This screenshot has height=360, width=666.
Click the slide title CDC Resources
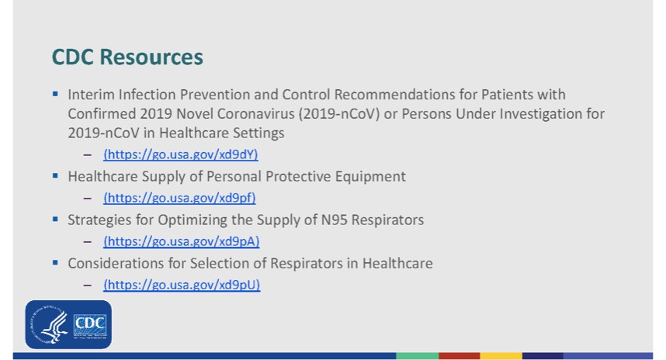127,57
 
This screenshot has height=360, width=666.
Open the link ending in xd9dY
181,154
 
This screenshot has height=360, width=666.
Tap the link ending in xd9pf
179,198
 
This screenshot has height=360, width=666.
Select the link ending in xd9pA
182,241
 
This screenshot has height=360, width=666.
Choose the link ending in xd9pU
182,285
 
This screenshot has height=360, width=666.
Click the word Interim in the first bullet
91,94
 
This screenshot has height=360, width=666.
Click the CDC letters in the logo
90,324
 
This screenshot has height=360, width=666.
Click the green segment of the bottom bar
417,356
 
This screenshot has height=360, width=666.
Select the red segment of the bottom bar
460,356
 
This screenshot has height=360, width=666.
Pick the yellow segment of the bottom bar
501,356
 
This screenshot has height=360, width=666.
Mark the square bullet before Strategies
55,219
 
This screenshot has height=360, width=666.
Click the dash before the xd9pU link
88,286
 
